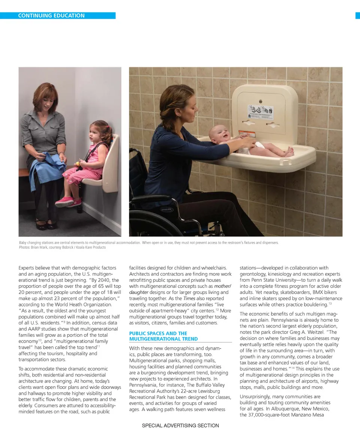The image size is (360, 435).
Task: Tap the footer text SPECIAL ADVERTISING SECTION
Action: (x=180, y=425)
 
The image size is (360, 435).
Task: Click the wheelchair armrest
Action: (x=154, y=198)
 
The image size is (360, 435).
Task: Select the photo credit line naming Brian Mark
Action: (x=62, y=247)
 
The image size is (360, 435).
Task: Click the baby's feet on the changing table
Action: (x=288, y=152)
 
